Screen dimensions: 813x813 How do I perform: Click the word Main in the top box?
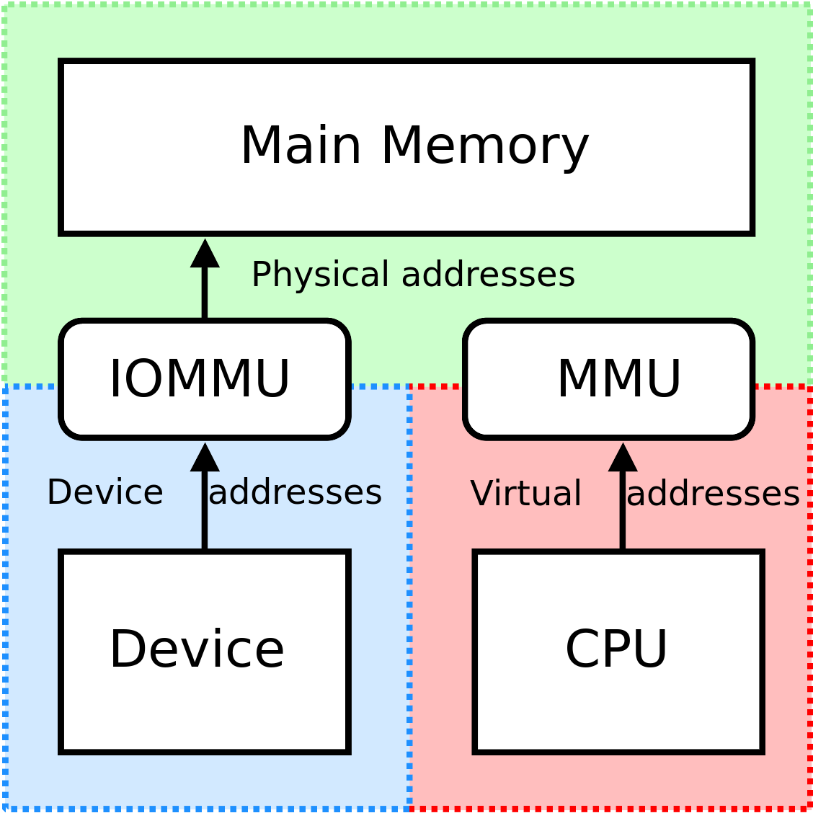[x=301, y=146]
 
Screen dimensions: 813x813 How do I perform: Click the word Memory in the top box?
[x=484, y=146]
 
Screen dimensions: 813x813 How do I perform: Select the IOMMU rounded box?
[x=205, y=379]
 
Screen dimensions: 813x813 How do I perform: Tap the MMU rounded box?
[x=609, y=379]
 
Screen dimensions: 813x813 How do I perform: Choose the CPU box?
[x=618, y=651]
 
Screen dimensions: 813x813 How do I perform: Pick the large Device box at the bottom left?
[x=205, y=651]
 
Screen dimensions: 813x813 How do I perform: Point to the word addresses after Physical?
[x=488, y=275]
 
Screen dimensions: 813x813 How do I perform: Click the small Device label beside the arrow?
[x=105, y=493]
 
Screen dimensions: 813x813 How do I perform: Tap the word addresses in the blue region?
[x=296, y=493]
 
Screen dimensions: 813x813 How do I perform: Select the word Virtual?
[x=525, y=494]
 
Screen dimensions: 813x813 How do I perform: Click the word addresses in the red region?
[x=714, y=494]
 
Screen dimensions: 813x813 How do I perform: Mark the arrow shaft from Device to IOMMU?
[x=205, y=512]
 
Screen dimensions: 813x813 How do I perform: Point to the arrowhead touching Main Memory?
[x=205, y=254]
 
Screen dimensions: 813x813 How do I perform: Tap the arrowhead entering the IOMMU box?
[x=205, y=457]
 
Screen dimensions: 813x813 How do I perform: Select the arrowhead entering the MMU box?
[x=623, y=457]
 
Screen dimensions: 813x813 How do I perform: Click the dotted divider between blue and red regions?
[x=409, y=598]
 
